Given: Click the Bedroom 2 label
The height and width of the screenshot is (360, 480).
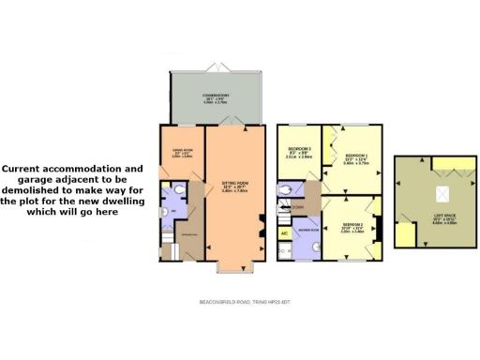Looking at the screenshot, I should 352,228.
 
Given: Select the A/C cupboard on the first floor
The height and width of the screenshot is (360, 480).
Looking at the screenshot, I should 284,232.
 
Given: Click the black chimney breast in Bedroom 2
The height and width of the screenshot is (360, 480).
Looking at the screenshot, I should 379,228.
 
